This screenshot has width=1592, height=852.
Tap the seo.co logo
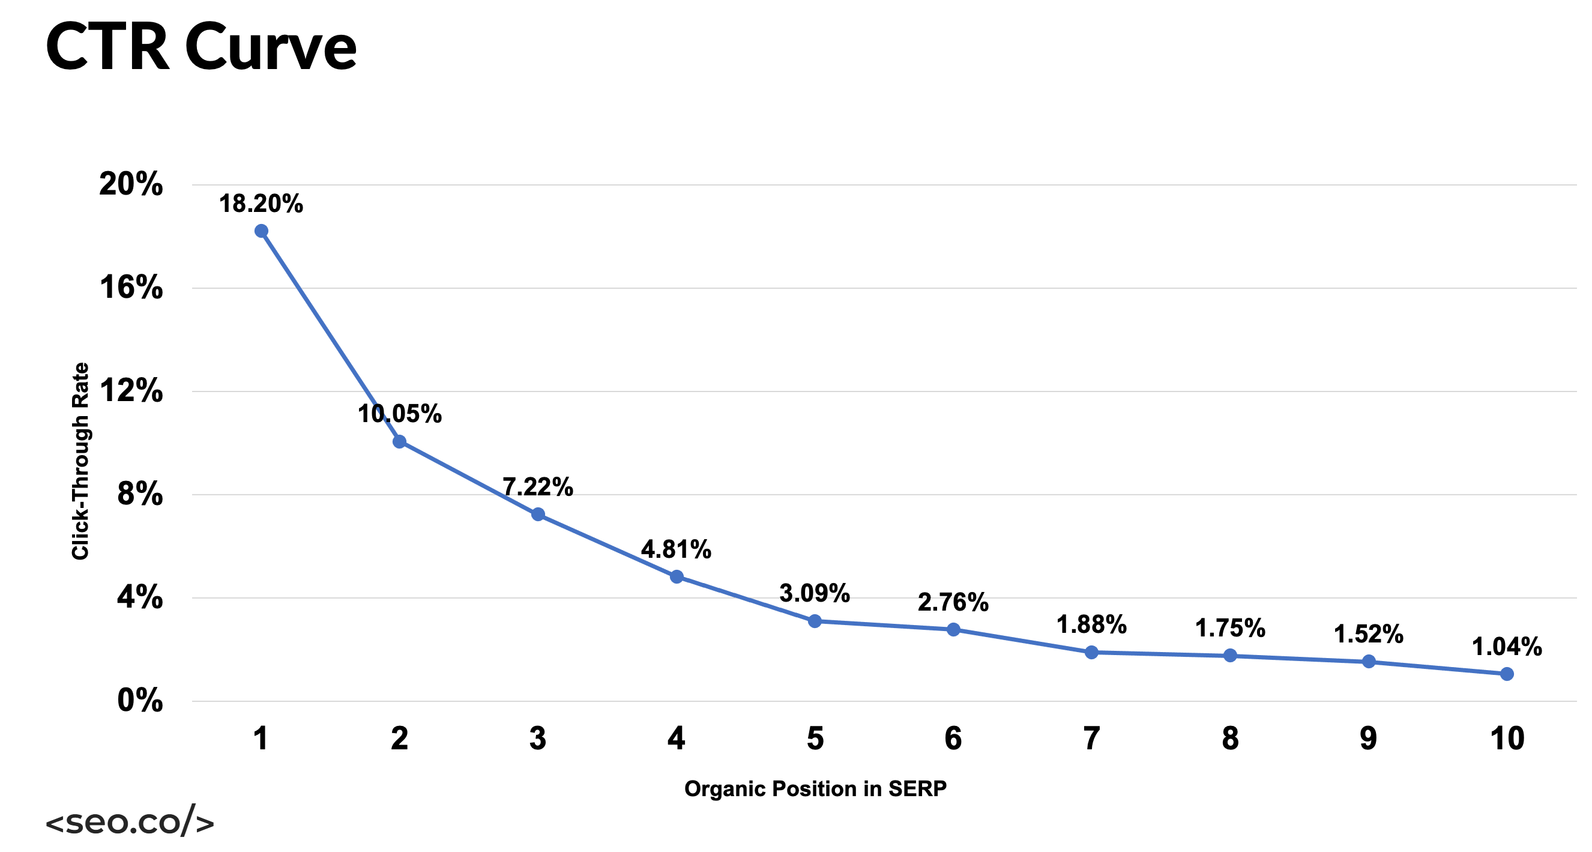pos(130,821)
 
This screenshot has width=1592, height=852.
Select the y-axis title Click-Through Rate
pos(80,461)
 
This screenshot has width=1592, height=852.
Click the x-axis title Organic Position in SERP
pos(815,788)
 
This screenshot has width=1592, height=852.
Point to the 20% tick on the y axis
pos(131,184)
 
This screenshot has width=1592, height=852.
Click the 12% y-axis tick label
pos(131,391)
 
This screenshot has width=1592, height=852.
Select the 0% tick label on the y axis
pos(140,701)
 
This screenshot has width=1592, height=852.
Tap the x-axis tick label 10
pos(1507,739)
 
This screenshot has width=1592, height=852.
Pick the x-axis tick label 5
pos(815,739)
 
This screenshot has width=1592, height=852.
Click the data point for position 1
pos(261,231)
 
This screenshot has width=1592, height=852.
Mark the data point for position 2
pos(399,441)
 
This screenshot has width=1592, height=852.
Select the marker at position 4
pos(677,577)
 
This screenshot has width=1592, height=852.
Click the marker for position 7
pos(1091,652)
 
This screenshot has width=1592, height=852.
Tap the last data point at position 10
pos(1507,674)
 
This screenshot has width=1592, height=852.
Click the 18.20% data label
pos(261,204)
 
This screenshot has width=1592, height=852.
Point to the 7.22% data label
pos(538,487)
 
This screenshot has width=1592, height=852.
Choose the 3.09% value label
pos(815,594)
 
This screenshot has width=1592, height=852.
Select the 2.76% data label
pos(953,602)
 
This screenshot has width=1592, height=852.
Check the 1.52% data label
pos(1368,635)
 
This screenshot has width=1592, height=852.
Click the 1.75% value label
pos(1230,628)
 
